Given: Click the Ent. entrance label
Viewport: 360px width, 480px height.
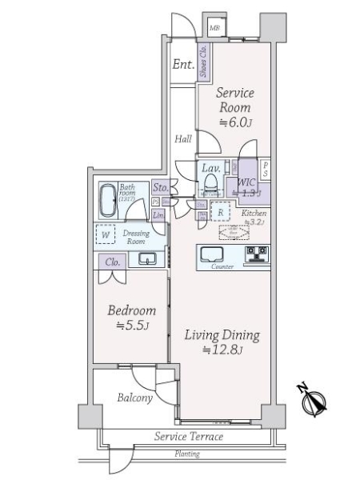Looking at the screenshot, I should [x=183, y=66].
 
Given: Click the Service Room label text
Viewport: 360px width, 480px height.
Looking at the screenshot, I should [x=234, y=100].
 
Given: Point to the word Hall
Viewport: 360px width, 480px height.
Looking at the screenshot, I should [x=183, y=139].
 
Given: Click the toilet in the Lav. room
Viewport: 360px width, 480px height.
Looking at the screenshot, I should [x=210, y=187].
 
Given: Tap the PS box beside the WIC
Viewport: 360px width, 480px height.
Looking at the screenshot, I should [x=266, y=170].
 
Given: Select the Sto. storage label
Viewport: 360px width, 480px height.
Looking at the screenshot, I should [x=158, y=187].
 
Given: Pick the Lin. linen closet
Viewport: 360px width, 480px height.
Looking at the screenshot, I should [x=158, y=214].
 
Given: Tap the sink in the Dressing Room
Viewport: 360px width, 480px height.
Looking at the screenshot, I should [x=146, y=258].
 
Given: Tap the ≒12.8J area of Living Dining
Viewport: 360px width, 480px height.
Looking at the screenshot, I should [x=223, y=350].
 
